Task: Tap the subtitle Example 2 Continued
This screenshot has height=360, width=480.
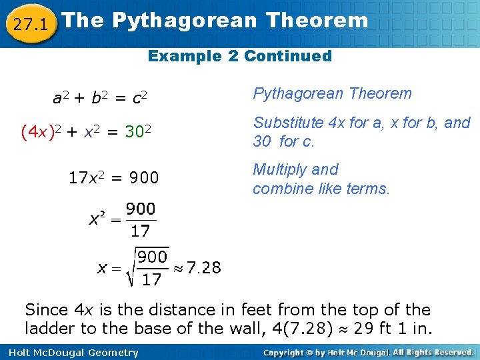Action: tap(240, 56)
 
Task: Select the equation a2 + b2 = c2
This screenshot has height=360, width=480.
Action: tap(100, 99)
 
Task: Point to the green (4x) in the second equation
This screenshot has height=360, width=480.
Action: tap(35, 132)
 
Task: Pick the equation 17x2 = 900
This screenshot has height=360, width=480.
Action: tap(114, 178)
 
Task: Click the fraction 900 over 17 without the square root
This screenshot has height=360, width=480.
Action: tap(140, 221)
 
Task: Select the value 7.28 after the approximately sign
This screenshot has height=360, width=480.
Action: tap(204, 268)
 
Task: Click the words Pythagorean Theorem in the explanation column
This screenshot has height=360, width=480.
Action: tap(332, 94)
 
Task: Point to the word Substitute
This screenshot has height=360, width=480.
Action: tap(286, 123)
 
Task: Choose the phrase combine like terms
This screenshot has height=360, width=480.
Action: tap(321, 189)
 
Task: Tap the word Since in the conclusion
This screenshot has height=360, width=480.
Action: tap(46, 310)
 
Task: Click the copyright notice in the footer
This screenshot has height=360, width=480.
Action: tap(368, 352)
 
